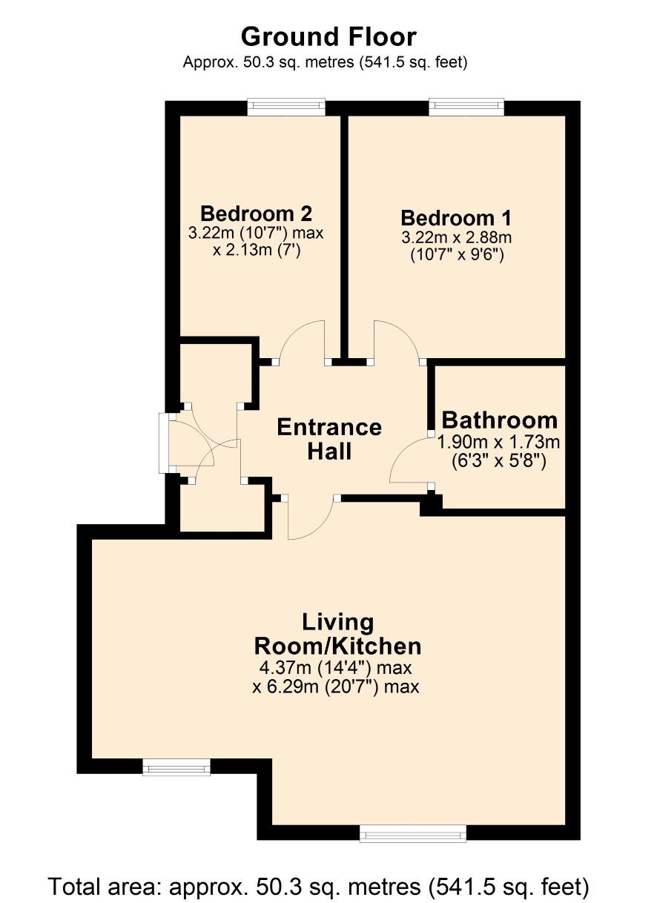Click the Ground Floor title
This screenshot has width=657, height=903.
tap(328, 37)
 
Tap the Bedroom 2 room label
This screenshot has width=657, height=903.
tap(256, 214)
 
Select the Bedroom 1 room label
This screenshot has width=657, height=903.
tap(456, 218)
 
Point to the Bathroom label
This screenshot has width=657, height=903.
tap(499, 420)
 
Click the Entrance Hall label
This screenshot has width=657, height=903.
tap(329, 439)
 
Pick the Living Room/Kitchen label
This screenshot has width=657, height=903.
tap(337, 634)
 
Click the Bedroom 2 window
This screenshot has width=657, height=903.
tap(286, 105)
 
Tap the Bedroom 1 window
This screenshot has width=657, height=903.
tap(466, 105)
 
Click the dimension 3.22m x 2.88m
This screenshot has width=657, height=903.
tap(456, 237)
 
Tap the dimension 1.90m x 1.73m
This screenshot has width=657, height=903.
tap(498, 442)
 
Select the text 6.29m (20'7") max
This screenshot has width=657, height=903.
tap(343, 686)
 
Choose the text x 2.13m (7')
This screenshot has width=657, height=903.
tap(257, 251)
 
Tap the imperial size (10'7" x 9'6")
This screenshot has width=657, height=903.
tap(457, 255)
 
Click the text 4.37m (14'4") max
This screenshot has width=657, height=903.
tap(335, 668)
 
